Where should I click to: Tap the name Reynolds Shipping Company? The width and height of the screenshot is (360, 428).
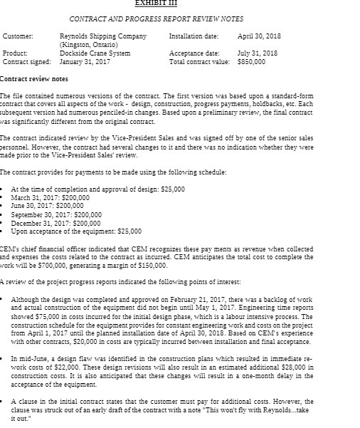(x=103, y=35)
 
